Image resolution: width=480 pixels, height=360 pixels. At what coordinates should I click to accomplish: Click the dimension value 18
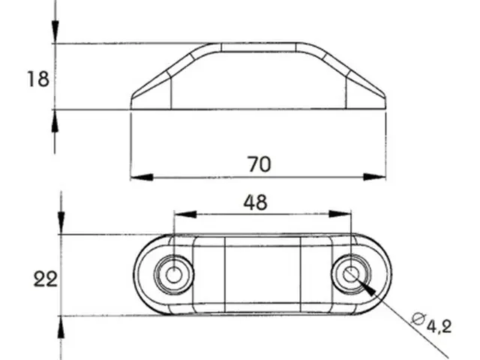38,79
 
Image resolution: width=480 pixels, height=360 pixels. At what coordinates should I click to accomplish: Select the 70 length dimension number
259,164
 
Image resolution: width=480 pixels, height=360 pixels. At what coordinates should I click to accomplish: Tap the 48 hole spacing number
255,202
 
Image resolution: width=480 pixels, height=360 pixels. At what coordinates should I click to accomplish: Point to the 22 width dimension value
45,279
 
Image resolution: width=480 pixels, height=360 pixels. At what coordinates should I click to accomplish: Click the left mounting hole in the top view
173,274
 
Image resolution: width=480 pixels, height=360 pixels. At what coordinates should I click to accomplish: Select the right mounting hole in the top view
351,274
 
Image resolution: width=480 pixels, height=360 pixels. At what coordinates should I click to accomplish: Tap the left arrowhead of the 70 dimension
142,177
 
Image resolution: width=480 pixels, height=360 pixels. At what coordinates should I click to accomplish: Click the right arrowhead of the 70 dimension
374,177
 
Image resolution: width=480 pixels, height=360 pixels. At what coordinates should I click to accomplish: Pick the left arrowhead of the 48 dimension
185,214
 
